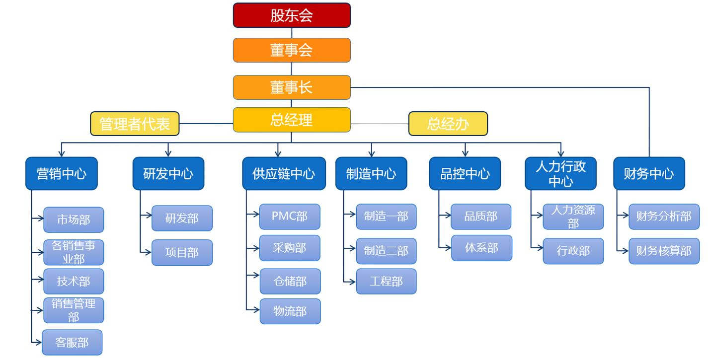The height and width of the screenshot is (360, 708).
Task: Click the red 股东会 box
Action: pos(292,15)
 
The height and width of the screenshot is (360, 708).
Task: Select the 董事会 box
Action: pos(292,50)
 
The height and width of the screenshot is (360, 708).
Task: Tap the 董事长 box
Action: pos(292,87)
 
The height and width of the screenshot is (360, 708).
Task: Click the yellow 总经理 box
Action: pos(292,120)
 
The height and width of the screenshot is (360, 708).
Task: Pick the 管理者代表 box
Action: pos(135,124)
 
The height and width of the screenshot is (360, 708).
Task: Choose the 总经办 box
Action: pos(448,124)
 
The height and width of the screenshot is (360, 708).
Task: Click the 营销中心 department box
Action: pos(62,174)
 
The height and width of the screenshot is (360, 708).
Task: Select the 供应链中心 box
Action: pos(284,174)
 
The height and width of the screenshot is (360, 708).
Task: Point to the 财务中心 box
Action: pos(649,174)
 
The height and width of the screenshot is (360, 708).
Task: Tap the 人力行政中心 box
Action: pos(560,174)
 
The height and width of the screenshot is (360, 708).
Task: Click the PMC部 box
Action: pos(290,216)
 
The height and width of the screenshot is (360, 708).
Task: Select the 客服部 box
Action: pos(72,342)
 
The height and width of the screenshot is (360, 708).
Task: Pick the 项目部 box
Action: pos(182,253)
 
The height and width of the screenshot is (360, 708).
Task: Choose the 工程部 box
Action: pos(386,282)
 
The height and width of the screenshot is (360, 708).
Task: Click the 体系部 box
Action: pos(481,248)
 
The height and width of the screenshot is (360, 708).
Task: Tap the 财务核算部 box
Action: pos(664,251)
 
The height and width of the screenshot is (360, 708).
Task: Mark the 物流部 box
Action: pos(290,311)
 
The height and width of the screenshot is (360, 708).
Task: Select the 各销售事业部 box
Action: pos(74,253)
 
